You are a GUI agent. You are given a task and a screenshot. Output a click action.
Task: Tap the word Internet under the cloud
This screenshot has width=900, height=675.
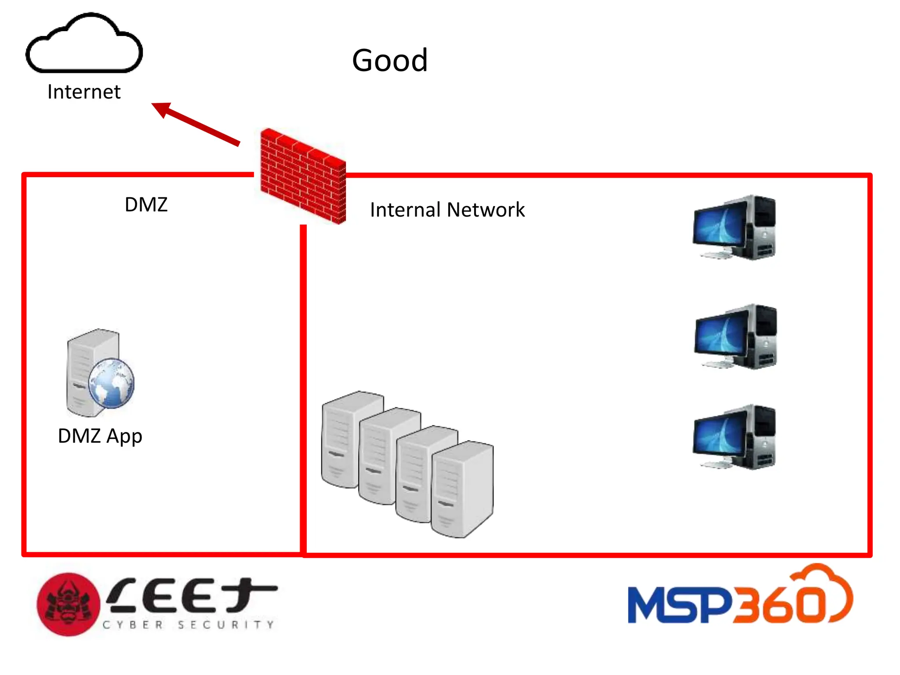pos(83,92)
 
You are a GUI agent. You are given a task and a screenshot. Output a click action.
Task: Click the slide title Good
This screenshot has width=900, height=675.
pos(390,60)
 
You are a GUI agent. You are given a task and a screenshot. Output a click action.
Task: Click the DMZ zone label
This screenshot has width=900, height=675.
pos(146,205)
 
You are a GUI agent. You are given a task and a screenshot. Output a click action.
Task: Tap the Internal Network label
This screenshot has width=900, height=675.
pos(447,210)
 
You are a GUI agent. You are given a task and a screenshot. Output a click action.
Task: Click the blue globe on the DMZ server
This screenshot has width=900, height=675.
pos(111,383)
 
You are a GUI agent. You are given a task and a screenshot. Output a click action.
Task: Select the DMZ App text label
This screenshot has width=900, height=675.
pos(100,436)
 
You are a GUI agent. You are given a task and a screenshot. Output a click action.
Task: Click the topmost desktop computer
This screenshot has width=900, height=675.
pos(734,227)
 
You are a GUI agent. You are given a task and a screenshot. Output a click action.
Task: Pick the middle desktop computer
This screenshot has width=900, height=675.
pos(735,336)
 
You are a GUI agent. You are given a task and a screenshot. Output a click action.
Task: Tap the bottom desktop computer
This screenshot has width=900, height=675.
pos(734,437)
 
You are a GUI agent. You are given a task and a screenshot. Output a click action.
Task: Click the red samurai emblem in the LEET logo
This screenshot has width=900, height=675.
pos(68,604)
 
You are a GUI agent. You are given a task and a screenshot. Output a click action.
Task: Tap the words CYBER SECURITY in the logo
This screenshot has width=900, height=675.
pos(188,624)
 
